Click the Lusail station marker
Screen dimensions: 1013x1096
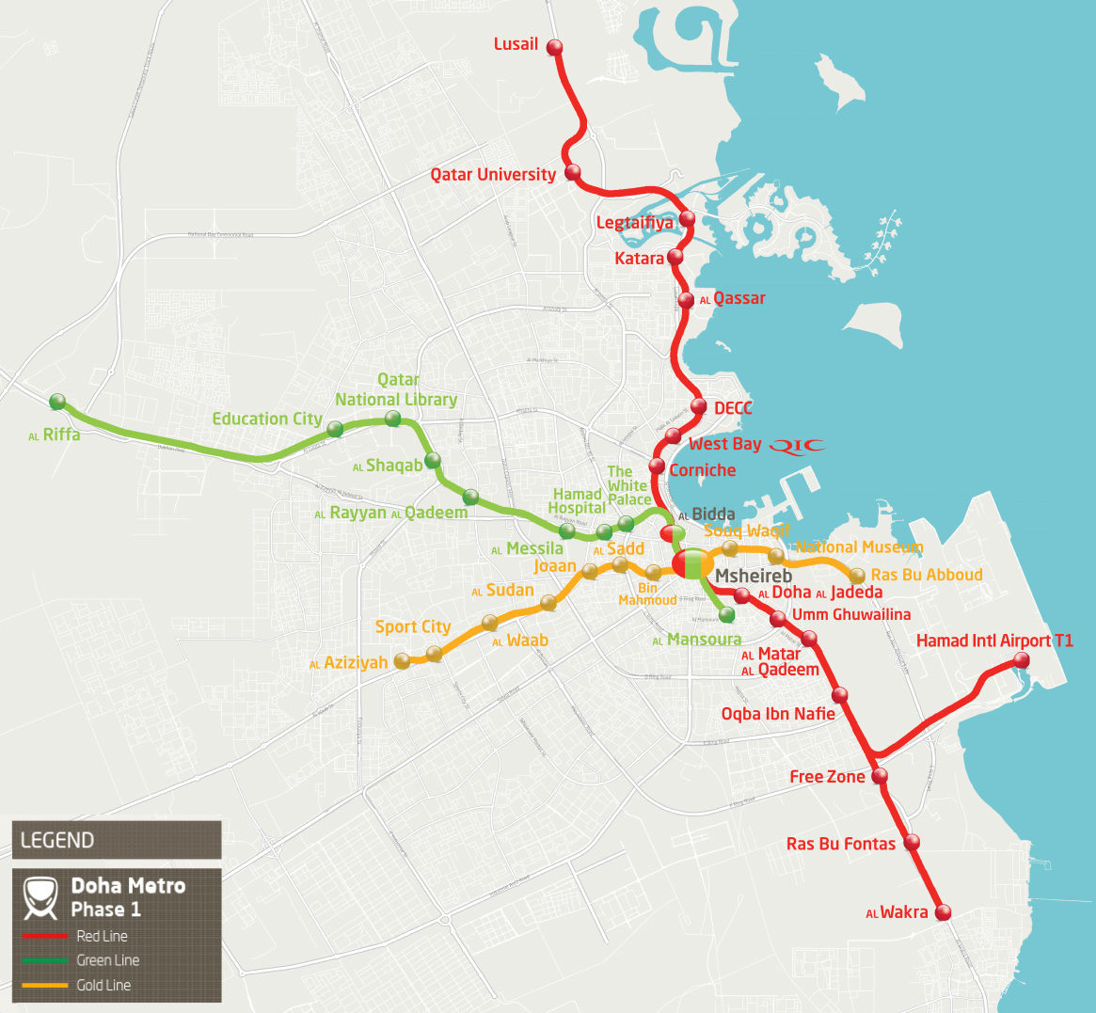(x=554, y=47)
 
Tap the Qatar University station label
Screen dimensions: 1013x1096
(x=493, y=175)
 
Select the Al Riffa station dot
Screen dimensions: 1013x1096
(x=57, y=402)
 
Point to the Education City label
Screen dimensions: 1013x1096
(x=267, y=419)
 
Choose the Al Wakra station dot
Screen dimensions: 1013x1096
(x=943, y=912)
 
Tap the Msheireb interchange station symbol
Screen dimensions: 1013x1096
(x=693, y=564)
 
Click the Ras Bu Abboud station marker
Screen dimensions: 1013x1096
(x=857, y=576)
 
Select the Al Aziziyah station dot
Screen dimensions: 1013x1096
(x=402, y=661)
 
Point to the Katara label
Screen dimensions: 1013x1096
(x=639, y=259)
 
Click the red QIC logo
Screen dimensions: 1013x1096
(x=796, y=446)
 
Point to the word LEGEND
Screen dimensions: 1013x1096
(x=57, y=841)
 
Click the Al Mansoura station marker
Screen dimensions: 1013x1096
(x=726, y=615)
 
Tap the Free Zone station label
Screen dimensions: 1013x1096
(x=827, y=777)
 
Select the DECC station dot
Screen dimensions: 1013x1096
(x=698, y=406)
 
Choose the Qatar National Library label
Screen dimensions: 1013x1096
(x=396, y=389)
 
